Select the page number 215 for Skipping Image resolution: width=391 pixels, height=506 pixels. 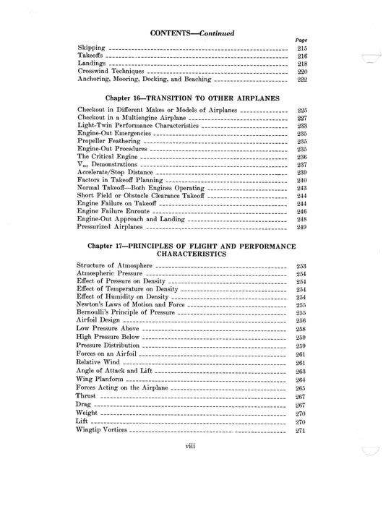(x=302, y=48)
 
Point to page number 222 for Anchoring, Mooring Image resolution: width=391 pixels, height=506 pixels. (x=302, y=80)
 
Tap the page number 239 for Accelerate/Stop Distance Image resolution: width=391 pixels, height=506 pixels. (x=302, y=173)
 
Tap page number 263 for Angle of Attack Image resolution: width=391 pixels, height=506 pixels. (x=302, y=371)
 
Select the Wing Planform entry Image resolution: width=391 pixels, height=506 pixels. (x=100, y=379)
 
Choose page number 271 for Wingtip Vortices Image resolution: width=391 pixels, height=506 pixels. (x=302, y=431)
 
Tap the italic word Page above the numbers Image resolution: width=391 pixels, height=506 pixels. (x=302, y=40)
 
